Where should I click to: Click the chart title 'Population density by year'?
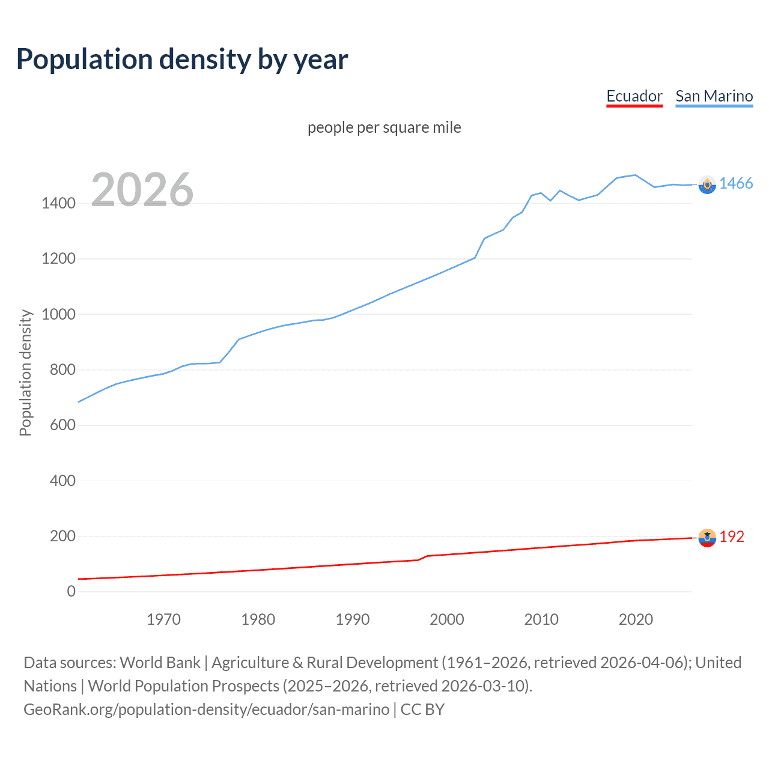click(182, 59)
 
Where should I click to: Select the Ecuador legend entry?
click(634, 96)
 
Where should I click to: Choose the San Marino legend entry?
click(714, 96)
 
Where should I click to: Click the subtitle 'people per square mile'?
click(384, 127)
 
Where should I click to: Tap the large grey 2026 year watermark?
click(142, 190)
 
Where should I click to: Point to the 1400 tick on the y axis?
click(58, 203)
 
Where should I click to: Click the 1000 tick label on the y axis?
click(58, 314)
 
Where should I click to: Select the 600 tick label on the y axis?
click(62, 425)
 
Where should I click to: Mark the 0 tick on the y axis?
click(71, 591)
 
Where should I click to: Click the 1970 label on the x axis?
click(163, 619)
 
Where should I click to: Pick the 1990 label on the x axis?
click(353, 619)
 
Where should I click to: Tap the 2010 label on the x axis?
click(541, 619)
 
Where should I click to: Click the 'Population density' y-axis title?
click(25, 372)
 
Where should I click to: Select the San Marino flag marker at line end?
click(707, 184)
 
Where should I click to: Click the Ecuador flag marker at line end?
click(707, 538)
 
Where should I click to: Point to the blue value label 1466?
click(736, 184)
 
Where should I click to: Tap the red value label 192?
click(732, 536)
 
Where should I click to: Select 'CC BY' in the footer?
click(422, 710)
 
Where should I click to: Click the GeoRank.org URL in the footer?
click(206, 710)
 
